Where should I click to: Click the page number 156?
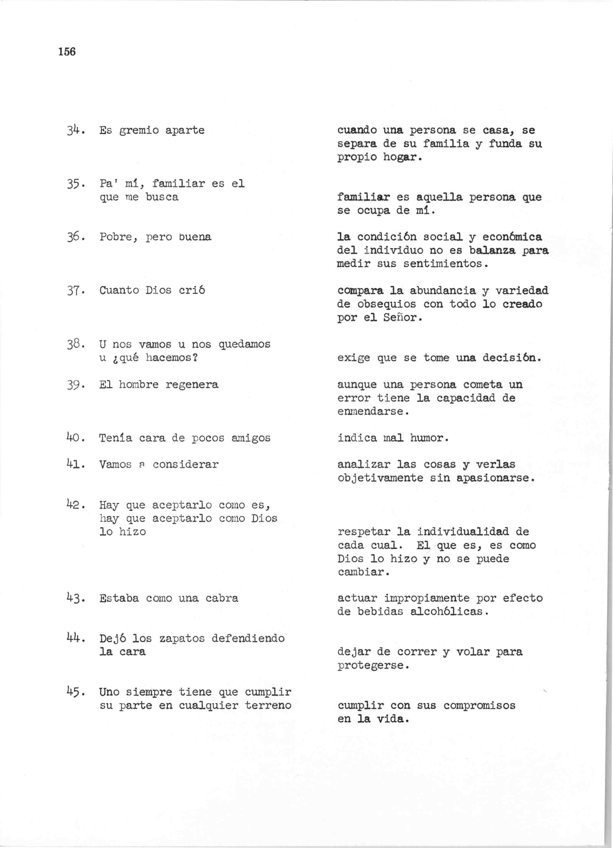pyautogui.click(x=67, y=52)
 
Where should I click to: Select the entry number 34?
pyautogui.click(x=73, y=131)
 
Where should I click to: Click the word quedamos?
pyautogui.click(x=244, y=344)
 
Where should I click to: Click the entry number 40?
pyautogui.click(x=73, y=438)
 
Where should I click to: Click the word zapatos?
pyautogui.click(x=182, y=639)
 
